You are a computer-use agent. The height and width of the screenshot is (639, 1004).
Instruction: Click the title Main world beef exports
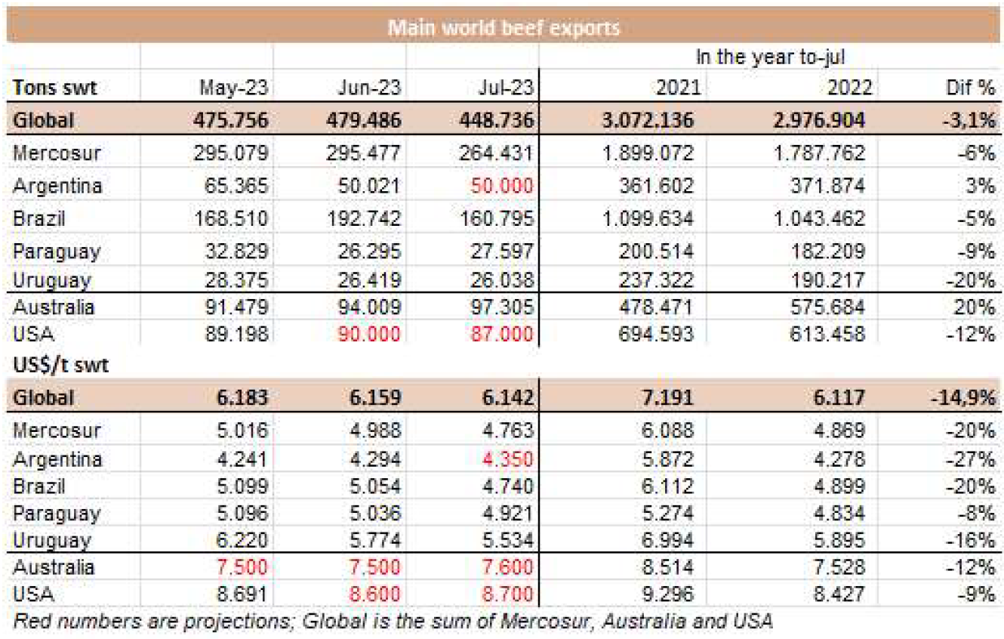pos(503,29)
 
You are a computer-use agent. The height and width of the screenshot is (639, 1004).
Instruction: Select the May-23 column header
pos(234,88)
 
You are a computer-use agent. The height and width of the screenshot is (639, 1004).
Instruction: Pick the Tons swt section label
pos(56,88)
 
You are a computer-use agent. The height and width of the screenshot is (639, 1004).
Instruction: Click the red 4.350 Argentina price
pos(508,459)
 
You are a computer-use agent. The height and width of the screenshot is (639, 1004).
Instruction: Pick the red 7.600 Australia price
pos(508,567)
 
